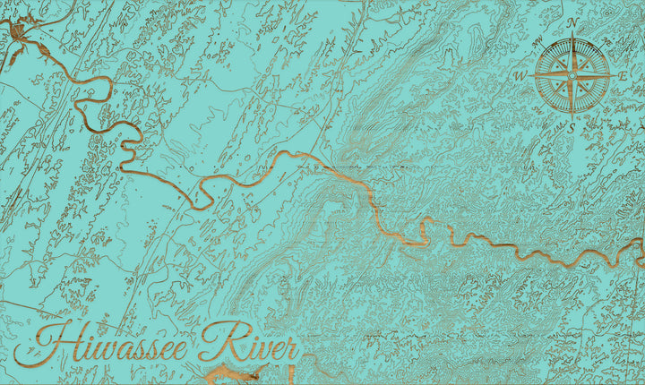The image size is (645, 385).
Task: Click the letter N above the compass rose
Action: [572, 22]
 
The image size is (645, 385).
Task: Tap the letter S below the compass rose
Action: [572, 128]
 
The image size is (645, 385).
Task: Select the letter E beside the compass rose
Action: [623, 76]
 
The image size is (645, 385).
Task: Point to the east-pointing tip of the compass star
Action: [613, 75]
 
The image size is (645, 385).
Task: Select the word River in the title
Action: [251, 343]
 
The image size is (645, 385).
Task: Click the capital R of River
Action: [215, 341]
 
